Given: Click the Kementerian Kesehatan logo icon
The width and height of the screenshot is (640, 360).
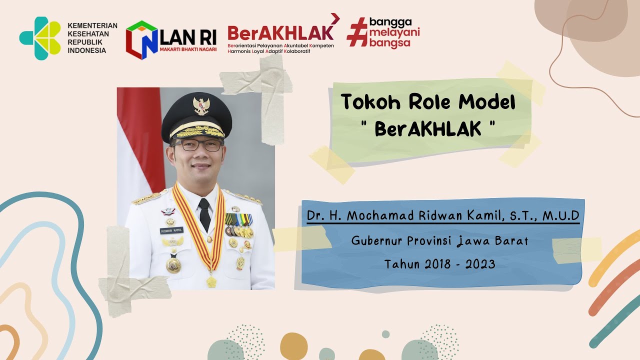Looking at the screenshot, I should point(40,38).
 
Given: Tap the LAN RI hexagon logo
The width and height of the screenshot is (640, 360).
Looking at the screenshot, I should point(141,40).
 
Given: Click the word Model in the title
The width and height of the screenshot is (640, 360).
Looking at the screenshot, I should point(487,102).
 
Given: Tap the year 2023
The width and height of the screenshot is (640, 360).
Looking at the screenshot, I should point(480,264).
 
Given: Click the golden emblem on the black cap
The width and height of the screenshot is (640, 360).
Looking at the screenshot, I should point(201,105).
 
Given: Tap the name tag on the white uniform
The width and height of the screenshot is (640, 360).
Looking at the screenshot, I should point(171,230).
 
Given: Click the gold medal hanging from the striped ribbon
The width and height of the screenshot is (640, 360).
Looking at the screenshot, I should point(211,281).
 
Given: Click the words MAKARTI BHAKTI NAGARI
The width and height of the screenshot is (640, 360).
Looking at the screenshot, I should point(187,49).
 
